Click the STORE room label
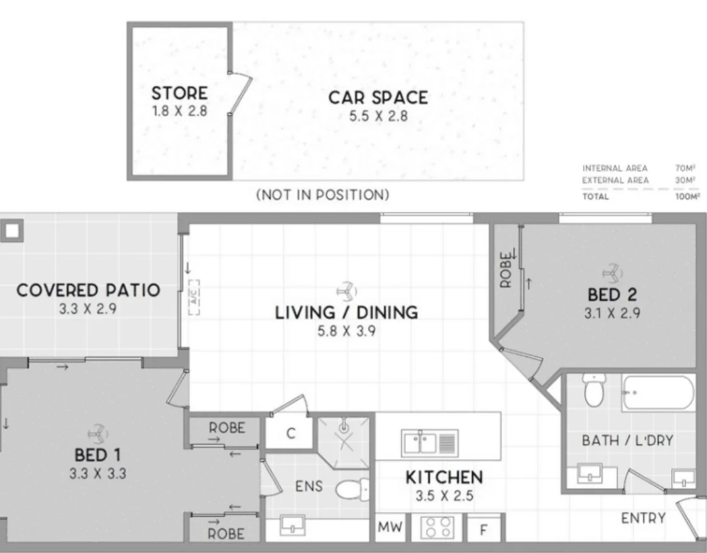pos(180,93)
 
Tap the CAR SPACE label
pos(378,98)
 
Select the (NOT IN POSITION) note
pos(323,195)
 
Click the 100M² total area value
pos(687,197)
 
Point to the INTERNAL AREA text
pos(614,168)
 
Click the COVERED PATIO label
pos(88,290)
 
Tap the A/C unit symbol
pos(193,297)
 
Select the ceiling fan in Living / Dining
pos(347,291)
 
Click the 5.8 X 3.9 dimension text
pos(347,331)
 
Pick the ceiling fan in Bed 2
pos(612,272)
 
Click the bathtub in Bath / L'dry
pos(658,392)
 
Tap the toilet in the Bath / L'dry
pos(594,390)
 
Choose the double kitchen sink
pos(430,443)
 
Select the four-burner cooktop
pos(437,527)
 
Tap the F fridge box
pos(484,528)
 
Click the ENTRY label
pos(643,518)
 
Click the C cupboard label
pos(291,433)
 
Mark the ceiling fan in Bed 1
pos(98,434)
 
